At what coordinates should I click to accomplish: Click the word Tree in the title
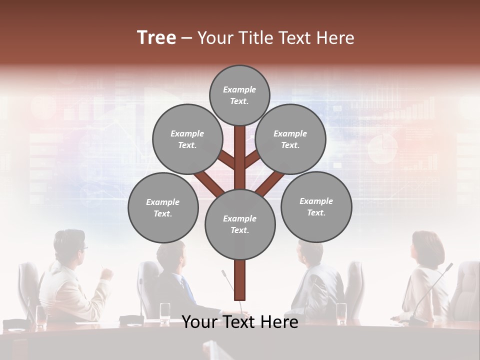coord(156,37)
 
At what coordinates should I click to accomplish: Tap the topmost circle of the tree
coord(239,95)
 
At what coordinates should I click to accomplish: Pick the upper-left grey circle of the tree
coord(187,139)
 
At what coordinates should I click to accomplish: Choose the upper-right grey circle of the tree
coord(290,139)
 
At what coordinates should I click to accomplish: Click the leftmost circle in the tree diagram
coord(163,207)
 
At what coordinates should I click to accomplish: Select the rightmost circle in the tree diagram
coord(316,206)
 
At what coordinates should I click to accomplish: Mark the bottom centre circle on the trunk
coord(240,224)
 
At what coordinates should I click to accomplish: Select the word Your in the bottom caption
coord(200,322)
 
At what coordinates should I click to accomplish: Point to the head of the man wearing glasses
coord(70,245)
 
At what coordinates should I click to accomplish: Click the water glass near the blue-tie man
coord(165,312)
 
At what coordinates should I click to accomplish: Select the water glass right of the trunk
coord(341,312)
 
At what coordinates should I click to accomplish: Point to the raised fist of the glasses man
coord(106,273)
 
